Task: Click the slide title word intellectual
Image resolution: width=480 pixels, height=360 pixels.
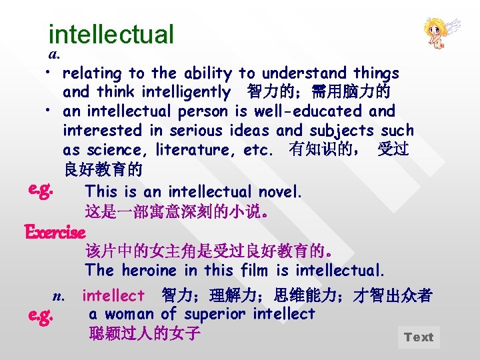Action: pyautogui.click(x=111, y=34)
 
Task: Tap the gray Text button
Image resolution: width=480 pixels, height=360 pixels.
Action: pyautogui.click(x=418, y=337)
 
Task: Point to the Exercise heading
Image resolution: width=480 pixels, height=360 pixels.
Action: pyautogui.click(x=55, y=233)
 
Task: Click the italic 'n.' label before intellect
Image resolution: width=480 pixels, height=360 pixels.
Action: pyautogui.click(x=59, y=295)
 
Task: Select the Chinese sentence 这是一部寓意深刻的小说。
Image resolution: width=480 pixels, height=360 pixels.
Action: pyautogui.click(x=177, y=213)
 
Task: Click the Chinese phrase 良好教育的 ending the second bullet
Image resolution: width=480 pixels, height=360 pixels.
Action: pyautogui.click(x=102, y=169)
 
